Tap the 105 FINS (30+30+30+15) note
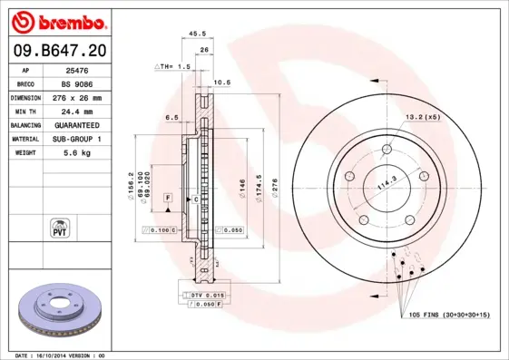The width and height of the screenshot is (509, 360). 449,314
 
